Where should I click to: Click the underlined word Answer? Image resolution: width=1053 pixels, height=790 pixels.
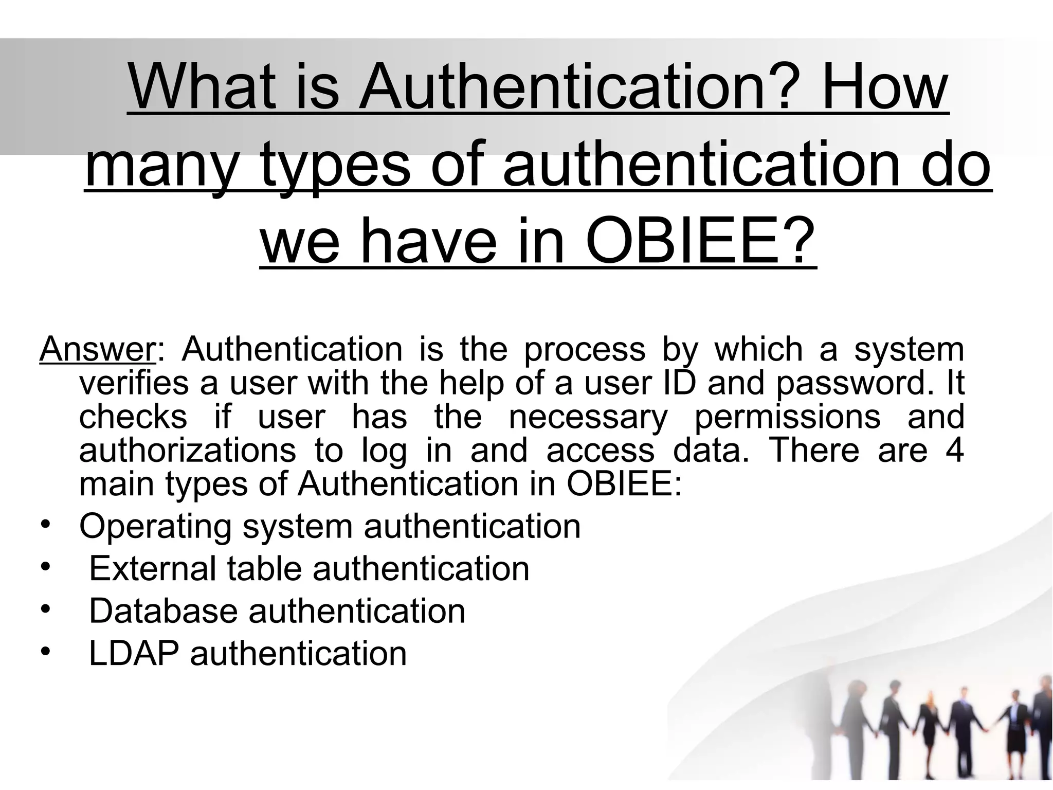click(x=97, y=349)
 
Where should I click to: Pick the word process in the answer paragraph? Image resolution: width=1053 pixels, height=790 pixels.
click(x=584, y=349)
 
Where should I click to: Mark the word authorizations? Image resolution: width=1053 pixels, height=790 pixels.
click(x=187, y=450)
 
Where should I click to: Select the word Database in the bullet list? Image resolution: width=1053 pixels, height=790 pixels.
click(x=163, y=611)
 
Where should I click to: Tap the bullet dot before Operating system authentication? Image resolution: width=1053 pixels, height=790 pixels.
click(x=45, y=525)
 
